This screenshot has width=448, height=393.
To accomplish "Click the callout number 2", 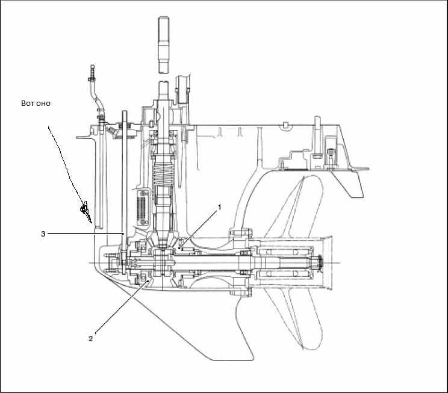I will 91,338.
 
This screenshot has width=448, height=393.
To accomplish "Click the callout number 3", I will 43,234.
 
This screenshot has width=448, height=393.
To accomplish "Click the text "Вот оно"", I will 36,104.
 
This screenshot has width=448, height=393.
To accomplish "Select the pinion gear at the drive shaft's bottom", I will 164,244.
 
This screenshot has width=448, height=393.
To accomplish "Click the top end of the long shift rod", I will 124,113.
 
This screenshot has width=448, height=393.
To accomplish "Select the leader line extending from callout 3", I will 84,234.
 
